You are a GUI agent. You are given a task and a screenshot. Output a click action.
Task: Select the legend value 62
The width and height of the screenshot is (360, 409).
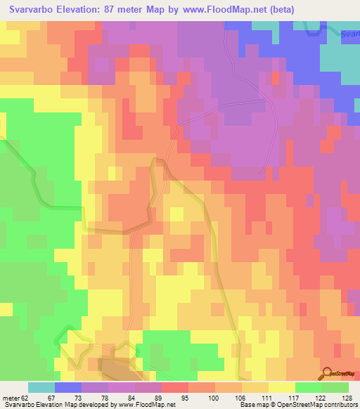tap(27, 397)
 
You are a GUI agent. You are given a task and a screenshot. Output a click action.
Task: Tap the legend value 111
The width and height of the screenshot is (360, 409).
tap(266, 397)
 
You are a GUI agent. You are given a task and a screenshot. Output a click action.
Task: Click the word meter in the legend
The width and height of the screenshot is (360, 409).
tap(10, 397)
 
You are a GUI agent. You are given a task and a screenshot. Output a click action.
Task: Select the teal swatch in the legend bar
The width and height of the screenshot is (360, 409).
tap(41, 387)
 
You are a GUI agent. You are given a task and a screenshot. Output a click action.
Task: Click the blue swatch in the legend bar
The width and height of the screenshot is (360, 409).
tap(68, 387)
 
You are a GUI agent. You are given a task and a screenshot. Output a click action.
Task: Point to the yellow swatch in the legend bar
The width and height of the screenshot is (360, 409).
tap(282, 387)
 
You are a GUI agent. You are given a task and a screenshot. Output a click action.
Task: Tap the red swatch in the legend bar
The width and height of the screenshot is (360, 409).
tap(175, 387)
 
